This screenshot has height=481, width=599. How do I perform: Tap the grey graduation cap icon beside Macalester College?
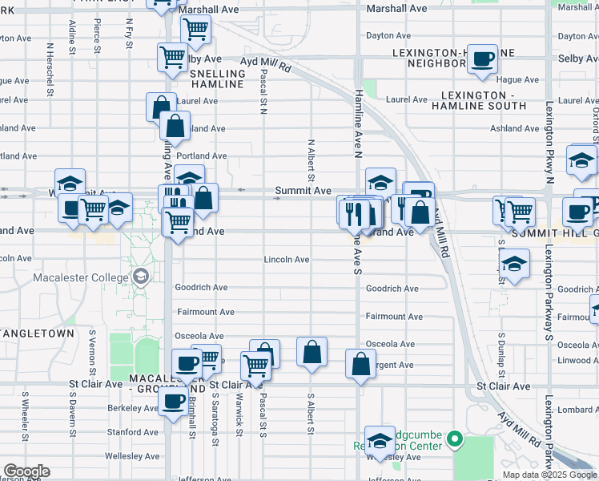(141, 277)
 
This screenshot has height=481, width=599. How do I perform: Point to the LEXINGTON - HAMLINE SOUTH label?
(477, 100)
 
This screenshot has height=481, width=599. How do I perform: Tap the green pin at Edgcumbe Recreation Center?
(455, 439)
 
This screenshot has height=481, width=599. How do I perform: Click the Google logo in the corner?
(26, 471)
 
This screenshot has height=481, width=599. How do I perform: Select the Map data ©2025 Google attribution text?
(549, 475)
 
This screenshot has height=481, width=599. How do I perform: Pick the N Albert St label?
(311, 160)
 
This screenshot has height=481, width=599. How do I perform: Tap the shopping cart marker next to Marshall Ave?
(195, 30)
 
